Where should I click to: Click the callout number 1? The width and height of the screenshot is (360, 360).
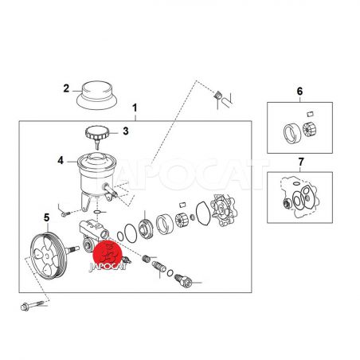pyautogui.click(x=135, y=108)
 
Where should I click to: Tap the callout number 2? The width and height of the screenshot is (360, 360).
pyautogui.click(x=66, y=88)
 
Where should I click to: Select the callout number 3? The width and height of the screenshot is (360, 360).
pyautogui.click(x=126, y=131)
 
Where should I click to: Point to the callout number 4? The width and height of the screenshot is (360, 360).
pyautogui.click(x=61, y=160)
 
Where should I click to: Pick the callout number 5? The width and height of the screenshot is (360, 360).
pyautogui.click(x=47, y=217)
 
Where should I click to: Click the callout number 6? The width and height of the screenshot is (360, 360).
pyautogui.click(x=299, y=92)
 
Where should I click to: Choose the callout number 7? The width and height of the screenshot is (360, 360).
pyautogui.click(x=301, y=162)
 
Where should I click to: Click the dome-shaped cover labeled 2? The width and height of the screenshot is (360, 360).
pyautogui.click(x=97, y=96)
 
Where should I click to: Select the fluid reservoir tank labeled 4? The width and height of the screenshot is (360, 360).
pyautogui.click(x=97, y=175)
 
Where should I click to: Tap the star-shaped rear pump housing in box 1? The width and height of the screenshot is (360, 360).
pyautogui.click(x=223, y=210)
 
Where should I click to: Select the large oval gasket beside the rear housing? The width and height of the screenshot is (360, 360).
pyautogui.click(x=204, y=213)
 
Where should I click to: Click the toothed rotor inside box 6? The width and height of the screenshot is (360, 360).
pyautogui.click(x=310, y=130)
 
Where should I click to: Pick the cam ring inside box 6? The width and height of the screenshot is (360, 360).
pyautogui.click(x=292, y=133)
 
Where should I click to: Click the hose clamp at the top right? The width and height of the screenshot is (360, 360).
pyautogui.click(x=218, y=95)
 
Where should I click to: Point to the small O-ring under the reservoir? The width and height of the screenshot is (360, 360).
pyautogui.click(x=97, y=212)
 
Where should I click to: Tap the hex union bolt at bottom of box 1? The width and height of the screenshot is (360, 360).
pyautogui.click(x=183, y=280)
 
